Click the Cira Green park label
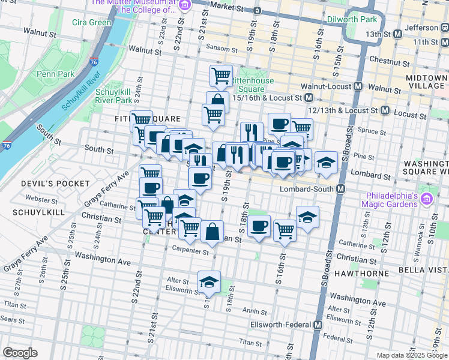pyautogui.click(x=91, y=23)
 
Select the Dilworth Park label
pyautogui.click(x=351, y=19)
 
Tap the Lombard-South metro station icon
pyautogui.click(x=341, y=189)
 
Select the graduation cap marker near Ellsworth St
pyautogui.click(x=209, y=281)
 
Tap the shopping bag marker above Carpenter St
pyautogui.click(x=212, y=231)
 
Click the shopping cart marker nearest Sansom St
pyautogui.click(x=221, y=76)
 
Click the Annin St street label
pyautogui.click(x=255, y=311)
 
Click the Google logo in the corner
pyautogui.click(x=20, y=352)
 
